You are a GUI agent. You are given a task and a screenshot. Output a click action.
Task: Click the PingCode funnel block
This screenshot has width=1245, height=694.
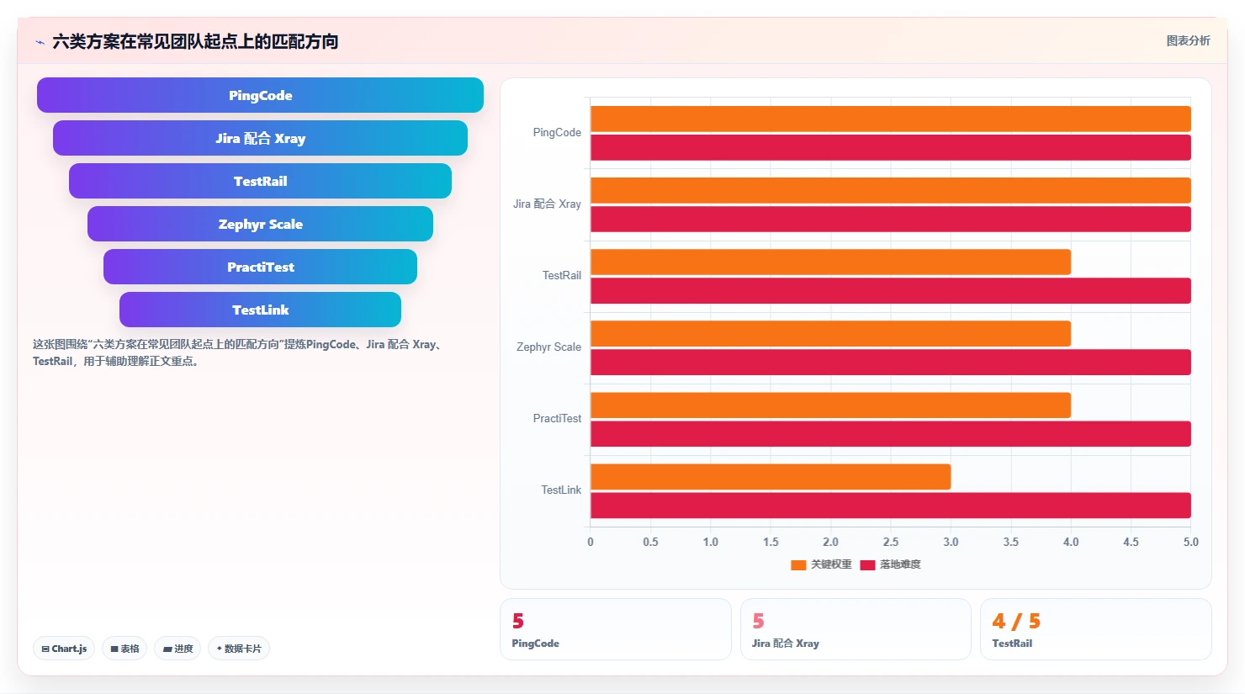[x=260, y=95]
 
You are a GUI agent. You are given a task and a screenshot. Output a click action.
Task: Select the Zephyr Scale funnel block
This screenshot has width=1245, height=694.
[x=260, y=224]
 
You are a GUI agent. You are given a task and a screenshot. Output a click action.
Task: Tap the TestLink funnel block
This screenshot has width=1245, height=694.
[x=260, y=310]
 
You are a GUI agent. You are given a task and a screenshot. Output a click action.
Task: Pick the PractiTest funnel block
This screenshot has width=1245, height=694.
[x=260, y=267]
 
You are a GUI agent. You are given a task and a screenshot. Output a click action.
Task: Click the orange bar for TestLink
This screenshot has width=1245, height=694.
[x=771, y=477]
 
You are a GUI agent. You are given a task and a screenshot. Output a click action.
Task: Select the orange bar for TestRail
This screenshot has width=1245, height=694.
[x=830, y=262]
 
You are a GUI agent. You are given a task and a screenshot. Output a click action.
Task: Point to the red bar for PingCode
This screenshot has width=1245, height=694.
[x=890, y=147]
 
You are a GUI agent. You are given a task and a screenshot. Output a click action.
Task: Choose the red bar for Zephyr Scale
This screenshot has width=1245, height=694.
[x=890, y=362]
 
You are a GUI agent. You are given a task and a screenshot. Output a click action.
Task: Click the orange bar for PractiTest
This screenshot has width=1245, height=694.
[x=830, y=405]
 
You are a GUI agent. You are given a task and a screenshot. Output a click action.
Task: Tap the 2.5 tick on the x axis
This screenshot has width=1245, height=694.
[x=890, y=542]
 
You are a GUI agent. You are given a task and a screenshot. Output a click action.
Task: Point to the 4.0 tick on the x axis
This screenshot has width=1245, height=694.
[x=1071, y=542]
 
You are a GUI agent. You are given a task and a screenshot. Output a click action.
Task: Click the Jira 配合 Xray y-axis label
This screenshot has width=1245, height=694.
[x=547, y=204]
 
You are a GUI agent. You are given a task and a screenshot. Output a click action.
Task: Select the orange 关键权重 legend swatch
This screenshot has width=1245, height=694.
[x=798, y=565]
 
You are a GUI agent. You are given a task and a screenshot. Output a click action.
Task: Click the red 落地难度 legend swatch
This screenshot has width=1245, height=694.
[x=867, y=565]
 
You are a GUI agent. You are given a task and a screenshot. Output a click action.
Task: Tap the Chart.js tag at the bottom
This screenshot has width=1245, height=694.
[x=64, y=649]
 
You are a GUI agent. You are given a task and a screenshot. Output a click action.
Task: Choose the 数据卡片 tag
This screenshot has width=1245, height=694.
[x=238, y=649]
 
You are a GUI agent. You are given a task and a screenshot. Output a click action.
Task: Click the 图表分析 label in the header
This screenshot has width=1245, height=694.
[x=1188, y=40]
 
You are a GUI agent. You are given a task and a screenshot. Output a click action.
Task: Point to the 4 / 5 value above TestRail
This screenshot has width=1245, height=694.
[x=1016, y=621]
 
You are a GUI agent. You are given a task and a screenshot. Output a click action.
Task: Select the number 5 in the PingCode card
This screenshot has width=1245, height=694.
[x=518, y=621]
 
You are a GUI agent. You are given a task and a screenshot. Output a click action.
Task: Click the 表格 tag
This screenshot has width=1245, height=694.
[x=124, y=649]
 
